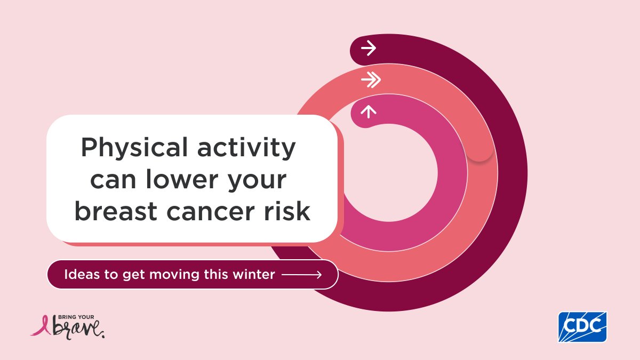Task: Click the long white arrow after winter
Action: pyautogui.click(x=301, y=275)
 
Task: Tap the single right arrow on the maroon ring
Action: pyautogui.click(x=368, y=49)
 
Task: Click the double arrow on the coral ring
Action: pyautogui.click(x=371, y=80)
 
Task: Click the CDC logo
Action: pyautogui.click(x=582, y=326)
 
